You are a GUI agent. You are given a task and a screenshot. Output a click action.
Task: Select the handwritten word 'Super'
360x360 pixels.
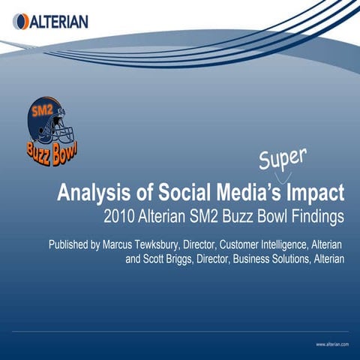coord(282,158)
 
